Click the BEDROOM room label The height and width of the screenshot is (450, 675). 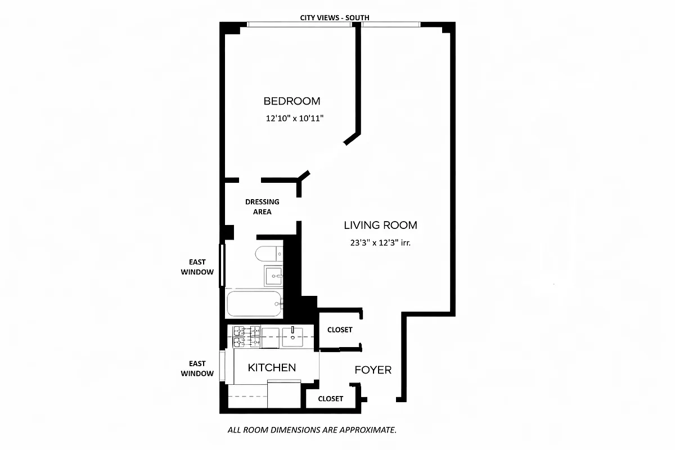pos(292,101)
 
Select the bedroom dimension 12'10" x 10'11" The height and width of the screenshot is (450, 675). pos(295,119)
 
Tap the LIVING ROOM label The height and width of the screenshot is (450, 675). pos(380,226)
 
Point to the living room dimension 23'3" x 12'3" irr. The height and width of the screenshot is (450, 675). pos(381,244)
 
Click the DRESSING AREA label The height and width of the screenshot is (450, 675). pos(262,206)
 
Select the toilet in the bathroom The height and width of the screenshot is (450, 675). pos(268,254)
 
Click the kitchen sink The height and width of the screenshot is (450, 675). pos(292,336)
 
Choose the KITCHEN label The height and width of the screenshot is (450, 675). pos(272,368)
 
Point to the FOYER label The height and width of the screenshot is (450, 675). pos(372,370)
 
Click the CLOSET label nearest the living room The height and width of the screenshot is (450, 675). pos(339,330)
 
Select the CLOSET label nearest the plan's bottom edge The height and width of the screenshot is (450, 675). pos(330,398)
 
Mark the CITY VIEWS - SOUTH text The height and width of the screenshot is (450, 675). pos(335,17)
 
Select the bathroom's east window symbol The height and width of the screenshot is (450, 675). pos(222,264)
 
